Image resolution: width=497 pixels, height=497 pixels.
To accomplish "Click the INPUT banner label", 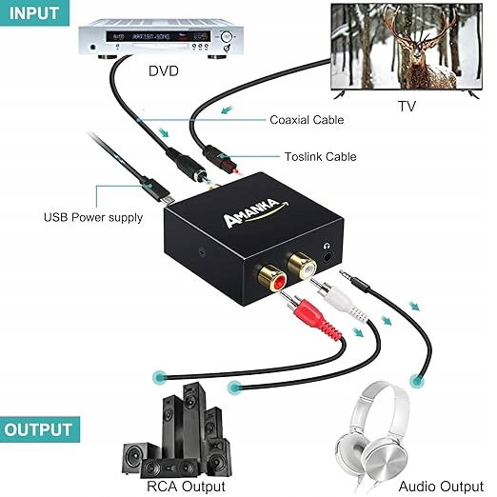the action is (x=33, y=13).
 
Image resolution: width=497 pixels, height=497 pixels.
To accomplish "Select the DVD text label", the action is (x=164, y=71).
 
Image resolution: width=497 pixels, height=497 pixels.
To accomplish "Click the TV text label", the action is (x=407, y=106).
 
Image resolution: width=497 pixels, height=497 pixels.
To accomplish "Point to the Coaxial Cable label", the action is (x=307, y=120).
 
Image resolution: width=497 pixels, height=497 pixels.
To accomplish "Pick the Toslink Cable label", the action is (x=320, y=157).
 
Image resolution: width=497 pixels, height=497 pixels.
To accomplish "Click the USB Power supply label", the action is (x=93, y=218).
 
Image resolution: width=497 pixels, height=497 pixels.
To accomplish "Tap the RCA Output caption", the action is (x=186, y=487).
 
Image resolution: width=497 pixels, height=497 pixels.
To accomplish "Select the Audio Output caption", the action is (x=441, y=487).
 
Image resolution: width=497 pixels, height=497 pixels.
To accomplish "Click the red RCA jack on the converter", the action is (x=272, y=280).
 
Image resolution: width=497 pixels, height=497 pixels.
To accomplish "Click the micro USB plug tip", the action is (x=169, y=199).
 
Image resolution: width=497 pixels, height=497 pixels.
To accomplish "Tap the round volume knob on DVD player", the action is (x=226, y=37).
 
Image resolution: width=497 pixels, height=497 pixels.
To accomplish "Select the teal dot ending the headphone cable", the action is (x=417, y=381).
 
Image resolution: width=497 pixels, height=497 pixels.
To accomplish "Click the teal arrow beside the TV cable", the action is (x=227, y=110).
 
